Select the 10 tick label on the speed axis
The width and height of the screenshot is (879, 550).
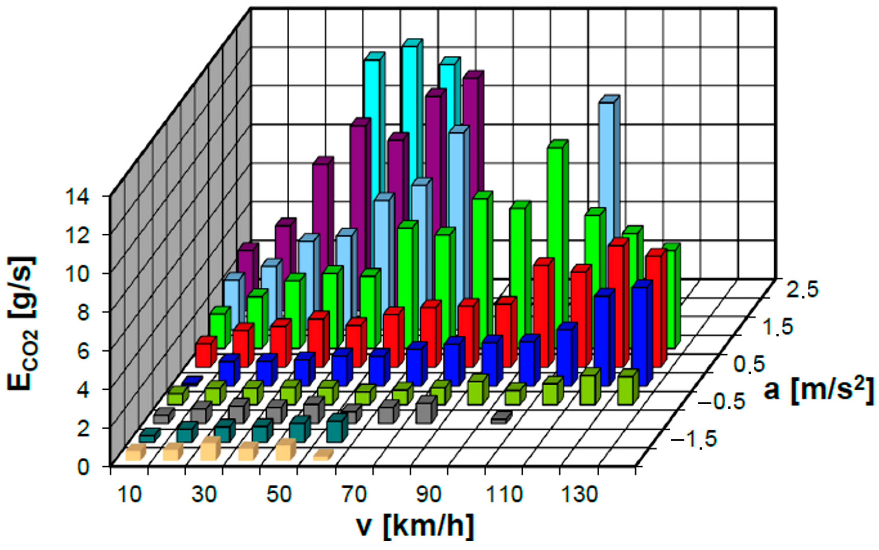pos(130,495)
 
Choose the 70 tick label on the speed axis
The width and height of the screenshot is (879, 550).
pos(354,495)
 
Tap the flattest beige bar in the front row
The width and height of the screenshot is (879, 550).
pos(323,455)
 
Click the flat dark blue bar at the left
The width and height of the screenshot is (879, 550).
pos(192,381)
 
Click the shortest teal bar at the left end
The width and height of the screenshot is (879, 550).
pos(149,436)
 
